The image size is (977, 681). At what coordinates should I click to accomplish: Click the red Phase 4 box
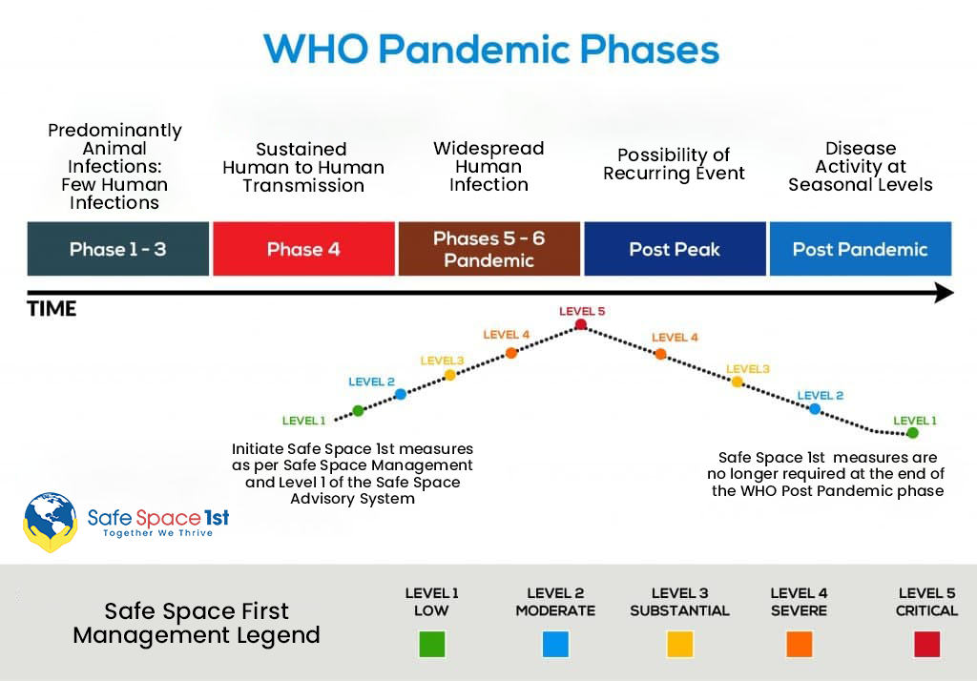(x=304, y=249)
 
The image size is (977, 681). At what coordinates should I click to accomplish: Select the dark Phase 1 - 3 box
(x=118, y=249)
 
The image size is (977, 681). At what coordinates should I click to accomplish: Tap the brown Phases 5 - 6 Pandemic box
(x=489, y=249)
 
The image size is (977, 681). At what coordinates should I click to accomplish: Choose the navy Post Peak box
(x=675, y=249)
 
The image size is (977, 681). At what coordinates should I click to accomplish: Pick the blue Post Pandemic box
(x=861, y=249)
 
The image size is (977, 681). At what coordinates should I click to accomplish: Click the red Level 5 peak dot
(x=581, y=324)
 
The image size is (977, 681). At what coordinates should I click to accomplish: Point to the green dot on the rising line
(x=358, y=410)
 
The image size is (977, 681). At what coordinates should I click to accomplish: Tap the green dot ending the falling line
(x=913, y=433)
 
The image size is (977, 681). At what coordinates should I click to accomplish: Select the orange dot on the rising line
(x=511, y=353)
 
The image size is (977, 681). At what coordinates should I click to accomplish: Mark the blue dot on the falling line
(x=815, y=409)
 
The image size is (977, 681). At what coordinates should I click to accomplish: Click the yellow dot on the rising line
(x=450, y=375)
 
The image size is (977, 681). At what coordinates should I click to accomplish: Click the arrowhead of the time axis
(x=945, y=292)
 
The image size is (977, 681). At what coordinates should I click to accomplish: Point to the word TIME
(x=52, y=309)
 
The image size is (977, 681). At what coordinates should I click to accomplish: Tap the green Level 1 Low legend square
(x=432, y=644)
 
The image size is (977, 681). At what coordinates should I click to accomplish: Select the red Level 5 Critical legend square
(x=926, y=644)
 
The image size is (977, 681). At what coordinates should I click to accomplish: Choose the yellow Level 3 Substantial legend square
(x=679, y=644)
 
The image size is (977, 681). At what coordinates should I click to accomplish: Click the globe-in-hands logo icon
(x=51, y=522)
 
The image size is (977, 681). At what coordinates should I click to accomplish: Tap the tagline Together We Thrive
(x=158, y=533)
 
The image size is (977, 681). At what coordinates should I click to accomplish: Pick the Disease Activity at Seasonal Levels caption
(x=861, y=166)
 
